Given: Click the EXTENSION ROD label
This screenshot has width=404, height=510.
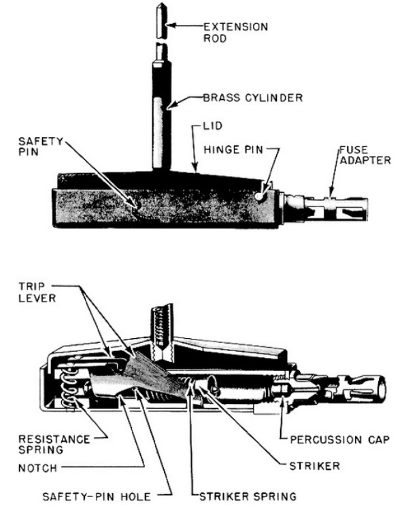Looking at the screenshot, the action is (x=235, y=32).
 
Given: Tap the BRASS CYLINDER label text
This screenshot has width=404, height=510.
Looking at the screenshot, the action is (x=253, y=98).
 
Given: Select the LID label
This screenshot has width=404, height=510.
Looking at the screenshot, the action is (x=212, y=126).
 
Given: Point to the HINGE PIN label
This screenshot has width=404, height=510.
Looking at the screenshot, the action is (x=233, y=149).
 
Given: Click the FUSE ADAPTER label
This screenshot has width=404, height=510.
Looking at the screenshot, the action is (x=365, y=155).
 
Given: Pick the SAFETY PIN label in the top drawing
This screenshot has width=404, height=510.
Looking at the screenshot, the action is (x=40, y=147).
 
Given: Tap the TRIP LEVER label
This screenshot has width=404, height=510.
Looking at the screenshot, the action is (x=37, y=292).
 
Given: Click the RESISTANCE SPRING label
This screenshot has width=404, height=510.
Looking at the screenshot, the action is (x=54, y=444).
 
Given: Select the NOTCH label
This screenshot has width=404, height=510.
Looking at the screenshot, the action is (x=37, y=468).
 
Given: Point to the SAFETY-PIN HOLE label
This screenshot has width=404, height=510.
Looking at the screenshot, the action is (x=97, y=496).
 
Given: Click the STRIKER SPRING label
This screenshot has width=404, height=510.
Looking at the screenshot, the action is (x=248, y=496).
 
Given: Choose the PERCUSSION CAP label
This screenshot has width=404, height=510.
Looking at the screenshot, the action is (x=340, y=440).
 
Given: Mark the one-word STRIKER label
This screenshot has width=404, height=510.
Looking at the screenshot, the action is (x=314, y=466).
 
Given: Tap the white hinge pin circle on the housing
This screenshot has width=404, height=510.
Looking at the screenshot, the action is (x=259, y=196).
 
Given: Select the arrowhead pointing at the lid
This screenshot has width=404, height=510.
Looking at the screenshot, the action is (x=195, y=168).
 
